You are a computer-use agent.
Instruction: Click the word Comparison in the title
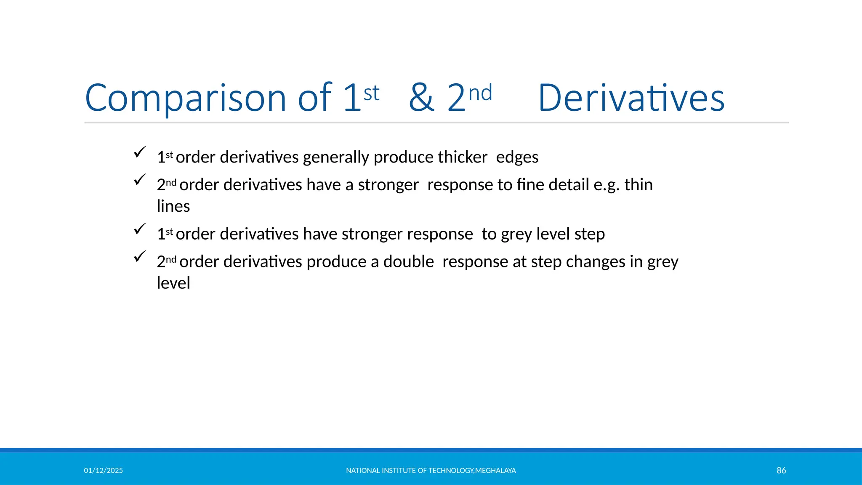pyautogui.click(x=185, y=98)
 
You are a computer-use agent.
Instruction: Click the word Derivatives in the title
pyautogui.click(x=631, y=98)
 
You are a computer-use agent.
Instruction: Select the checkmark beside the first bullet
pyautogui.click(x=139, y=152)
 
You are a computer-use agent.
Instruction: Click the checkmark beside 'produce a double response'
pyautogui.click(x=139, y=256)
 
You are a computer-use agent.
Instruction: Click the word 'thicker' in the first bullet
pyautogui.click(x=462, y=157)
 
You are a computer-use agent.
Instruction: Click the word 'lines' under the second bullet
pyautogui.click(x=173, y=206)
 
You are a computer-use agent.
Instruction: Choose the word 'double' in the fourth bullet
pyautogui.click(x=408, y=261)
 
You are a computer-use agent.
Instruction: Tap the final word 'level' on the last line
pyautogui.click(x=173, y=283)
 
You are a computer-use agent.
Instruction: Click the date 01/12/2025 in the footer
pyautogui.click(x=103, y=470)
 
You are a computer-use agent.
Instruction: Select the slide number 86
pyautogui.click(x=781, y=470)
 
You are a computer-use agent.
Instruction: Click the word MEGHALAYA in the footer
pyautogui.click(x=495, y=470)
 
